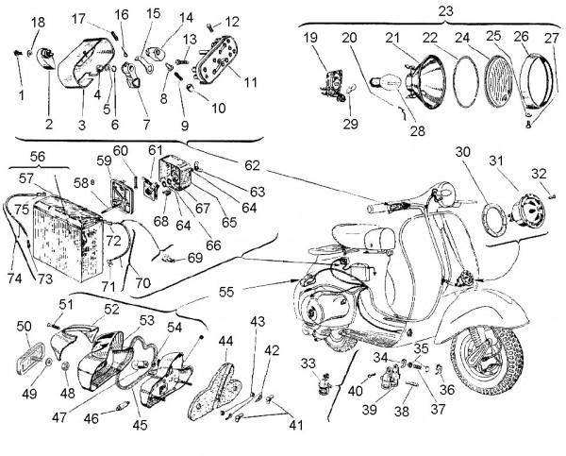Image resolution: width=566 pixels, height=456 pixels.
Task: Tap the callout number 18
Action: coord(38,23)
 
